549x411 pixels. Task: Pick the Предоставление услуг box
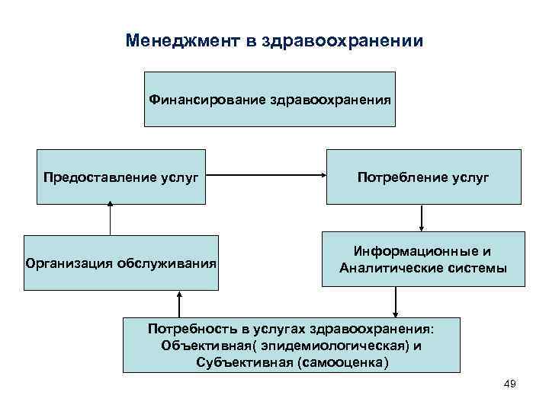pos(121,177)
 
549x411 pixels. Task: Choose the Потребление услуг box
pos(423,177)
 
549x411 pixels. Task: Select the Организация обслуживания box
pos(120,263)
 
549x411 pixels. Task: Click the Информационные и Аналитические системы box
pos(423,259)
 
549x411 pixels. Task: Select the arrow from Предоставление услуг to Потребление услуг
pos(266,177)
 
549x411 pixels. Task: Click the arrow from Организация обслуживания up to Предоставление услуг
pos(111,219)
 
